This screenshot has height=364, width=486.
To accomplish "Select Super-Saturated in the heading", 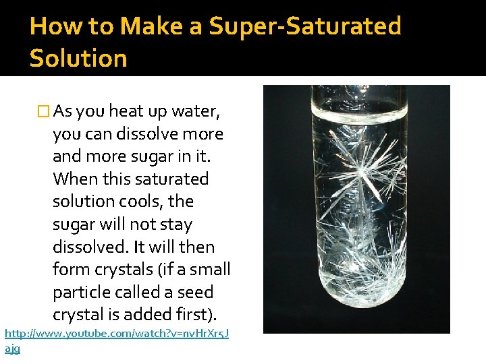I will [x=304, y=26].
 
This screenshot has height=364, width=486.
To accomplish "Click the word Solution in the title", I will [x=78, y=58].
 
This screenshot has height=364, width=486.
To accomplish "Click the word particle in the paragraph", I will [x=82, y=293].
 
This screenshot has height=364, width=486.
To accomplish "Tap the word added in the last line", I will [x=154, y=315].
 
